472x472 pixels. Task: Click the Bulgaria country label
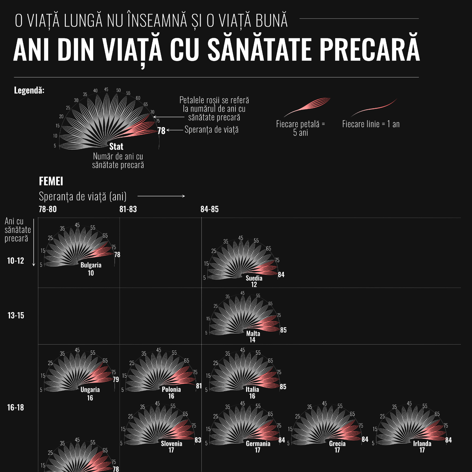coord(91,265)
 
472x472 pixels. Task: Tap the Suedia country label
coord(254,278)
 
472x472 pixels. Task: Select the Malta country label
coord(253,334)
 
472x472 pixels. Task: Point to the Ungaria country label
coord(90,390)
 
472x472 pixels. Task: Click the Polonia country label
coord(171,389)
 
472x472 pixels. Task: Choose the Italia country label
coord(252,389)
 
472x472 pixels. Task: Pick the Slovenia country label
coord(171,443)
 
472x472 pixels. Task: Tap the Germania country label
coord(258,443)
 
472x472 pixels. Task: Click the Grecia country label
coord(337,443)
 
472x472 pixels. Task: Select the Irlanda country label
coord(422,443)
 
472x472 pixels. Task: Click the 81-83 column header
coord(128,209)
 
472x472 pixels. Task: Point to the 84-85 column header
coord(210,209)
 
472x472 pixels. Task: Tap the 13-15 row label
coord(16,316)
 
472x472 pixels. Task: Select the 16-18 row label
coord(16,407)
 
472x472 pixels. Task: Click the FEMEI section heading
coord(51,181)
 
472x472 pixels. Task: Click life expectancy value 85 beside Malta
coord(283,330)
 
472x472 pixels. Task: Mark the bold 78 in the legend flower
coord(161,131)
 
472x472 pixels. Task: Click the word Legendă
coord(29,90)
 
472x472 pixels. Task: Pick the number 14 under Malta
coord(252,340)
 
